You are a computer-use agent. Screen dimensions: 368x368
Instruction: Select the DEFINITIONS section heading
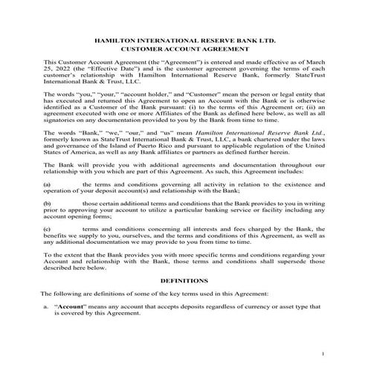[x=184, y=283]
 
